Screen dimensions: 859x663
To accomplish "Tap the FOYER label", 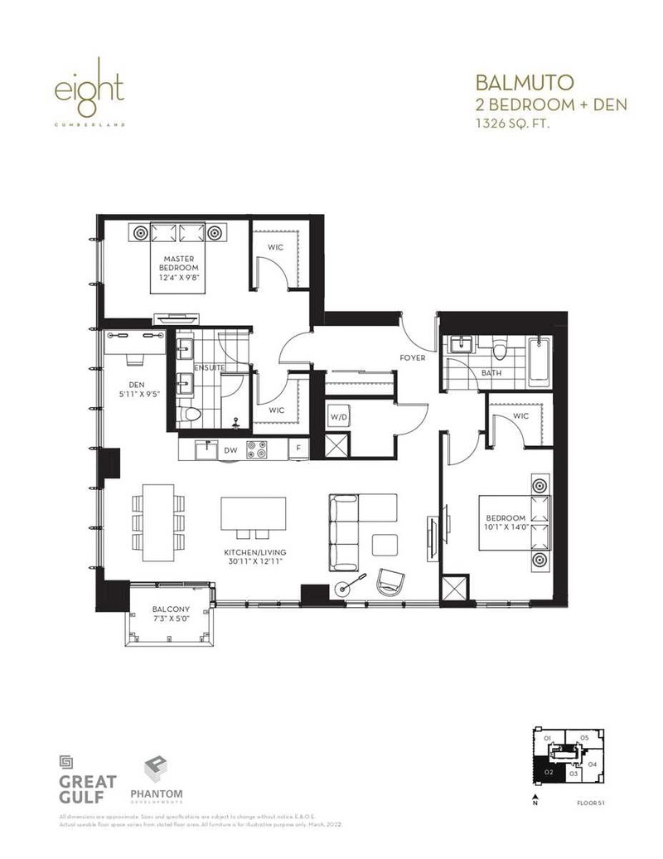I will (412, 359).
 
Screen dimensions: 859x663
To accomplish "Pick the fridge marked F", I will (298, 451).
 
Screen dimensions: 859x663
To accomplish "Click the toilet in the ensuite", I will (191, 415).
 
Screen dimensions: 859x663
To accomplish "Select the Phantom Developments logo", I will (156, 779).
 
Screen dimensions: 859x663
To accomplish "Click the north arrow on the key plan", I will (535, 798).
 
